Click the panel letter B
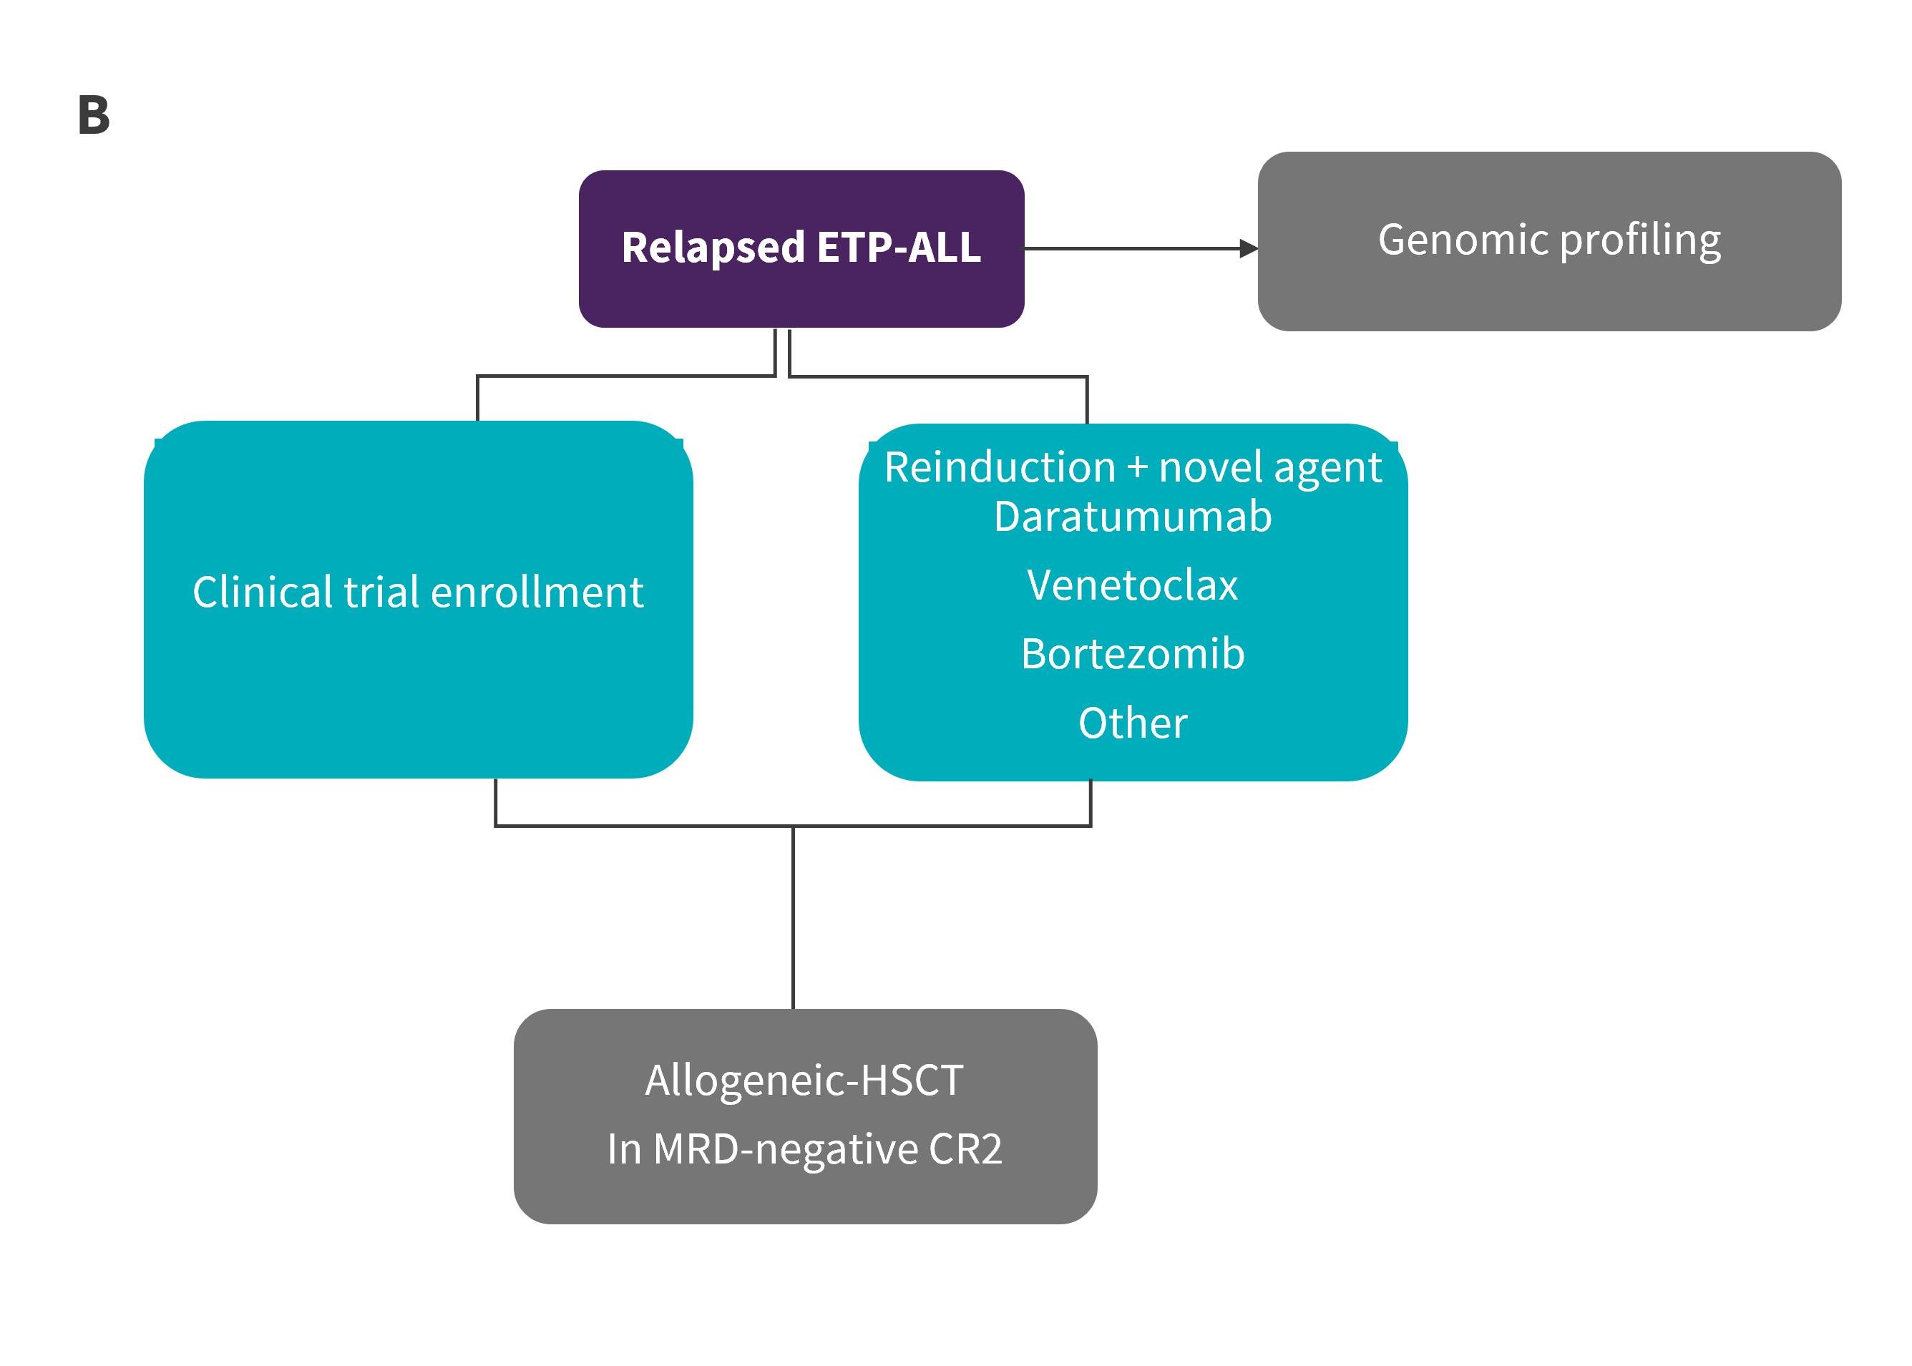point(93,114)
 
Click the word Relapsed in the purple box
point(713,248)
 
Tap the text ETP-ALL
point(898,248)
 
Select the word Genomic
point(1463,240)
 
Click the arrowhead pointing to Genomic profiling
point(1249,249)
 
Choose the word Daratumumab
point(1132,517)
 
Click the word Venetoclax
point(1132,585)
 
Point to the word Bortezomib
point(1132,655)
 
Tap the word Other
point(1133,723)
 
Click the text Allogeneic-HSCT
point(804,1081)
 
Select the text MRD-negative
point(786,1150)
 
